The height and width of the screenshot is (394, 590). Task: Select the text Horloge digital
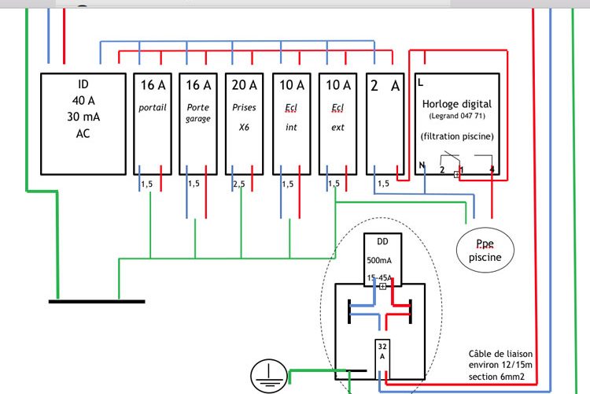[457, 104]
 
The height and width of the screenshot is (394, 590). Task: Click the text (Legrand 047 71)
[457, 116]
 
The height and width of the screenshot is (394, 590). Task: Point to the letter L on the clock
[421, 82]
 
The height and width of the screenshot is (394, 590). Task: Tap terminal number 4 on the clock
[492, 169]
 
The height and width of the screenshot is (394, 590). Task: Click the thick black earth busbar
[97, 301]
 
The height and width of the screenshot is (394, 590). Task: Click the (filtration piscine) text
[457, 136]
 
